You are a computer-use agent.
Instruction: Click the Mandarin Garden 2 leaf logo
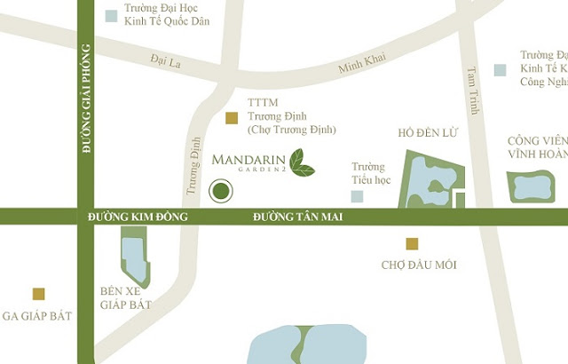pos(303,162)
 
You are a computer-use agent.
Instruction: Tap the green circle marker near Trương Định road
pos(220,190)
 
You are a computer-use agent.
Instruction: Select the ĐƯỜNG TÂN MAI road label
pos(297,217)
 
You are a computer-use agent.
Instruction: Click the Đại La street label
pos(166,61)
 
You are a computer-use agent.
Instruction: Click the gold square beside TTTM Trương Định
pos(232,118)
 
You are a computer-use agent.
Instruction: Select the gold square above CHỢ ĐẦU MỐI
pos(412,244)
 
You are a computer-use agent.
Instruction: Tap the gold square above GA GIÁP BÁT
pos(38,294)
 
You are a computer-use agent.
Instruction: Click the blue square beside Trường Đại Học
pos(111,15)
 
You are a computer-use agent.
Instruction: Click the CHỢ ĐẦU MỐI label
pos(419,265)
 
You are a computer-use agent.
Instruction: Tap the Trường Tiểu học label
pos(370,173)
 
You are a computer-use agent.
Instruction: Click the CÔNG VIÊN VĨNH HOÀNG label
pos(536,146)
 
